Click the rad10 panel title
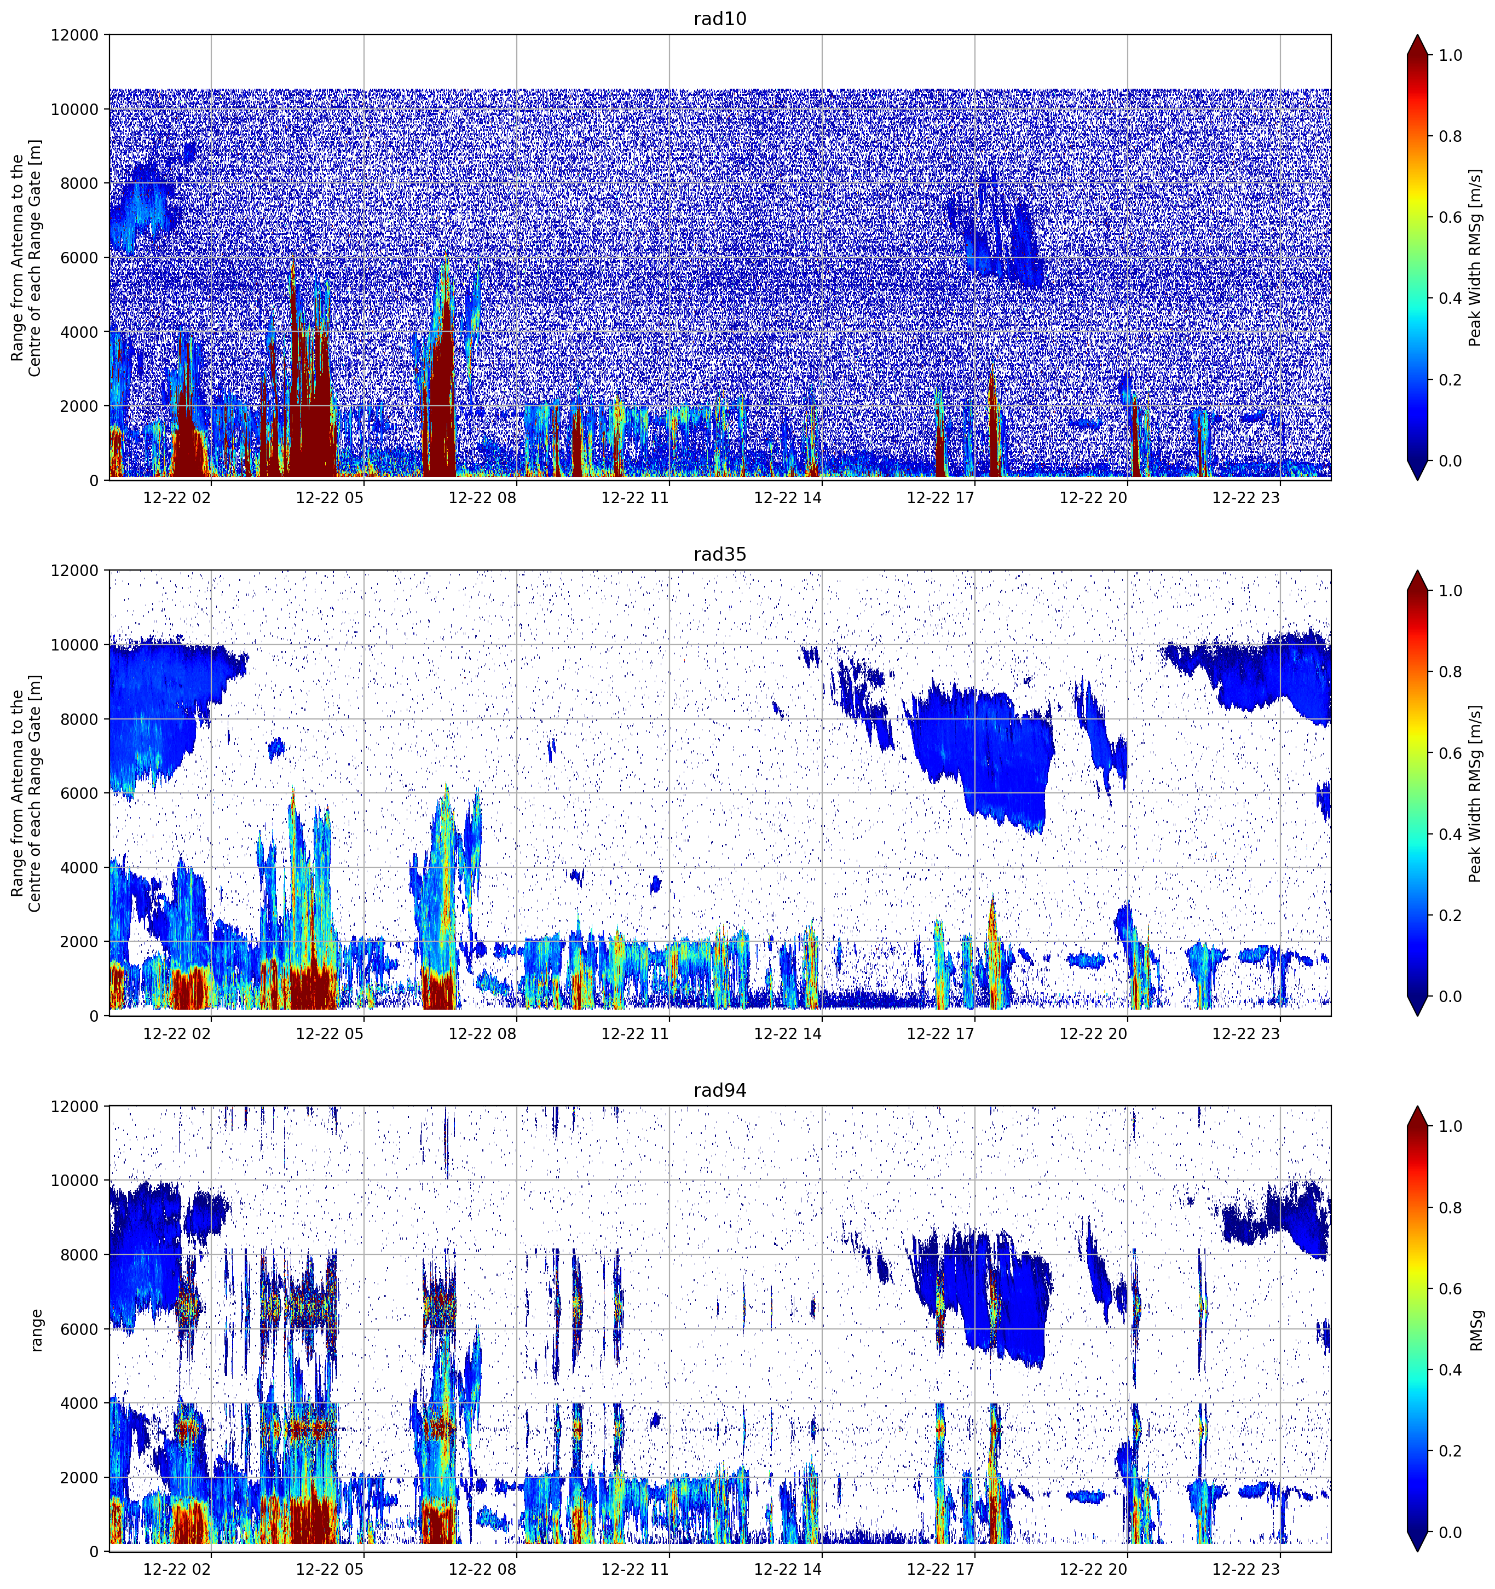click(x=720, y=19)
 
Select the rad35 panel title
click(x=720, y=555)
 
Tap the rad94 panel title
click(x=720, y=1090)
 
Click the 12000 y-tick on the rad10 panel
click(x=75, y=35)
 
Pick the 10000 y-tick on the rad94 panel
click(x=75, y=1181)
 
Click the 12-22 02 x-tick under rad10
click(x=177, y=498)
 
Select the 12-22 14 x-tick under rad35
click(x=788, y=1033)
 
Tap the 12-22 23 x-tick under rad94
click(x=1246, y=1569)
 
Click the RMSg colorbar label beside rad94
click(x=1476, y=1330)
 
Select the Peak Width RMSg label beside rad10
click(x=1476, y=257)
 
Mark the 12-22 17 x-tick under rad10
click(x=940, y=498)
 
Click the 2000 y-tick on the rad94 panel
click(x=80, y=1478)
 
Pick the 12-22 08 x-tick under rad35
click(x=483, y=1033)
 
